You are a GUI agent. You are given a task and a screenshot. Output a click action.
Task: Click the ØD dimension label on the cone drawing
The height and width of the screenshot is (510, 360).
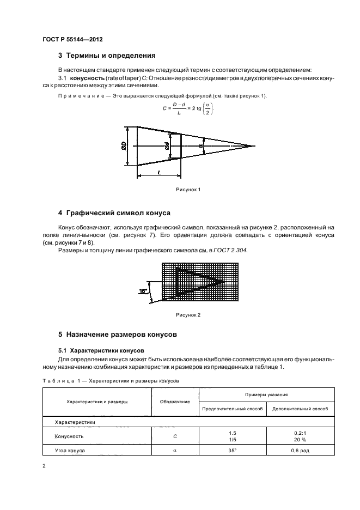click(x=124, y=146)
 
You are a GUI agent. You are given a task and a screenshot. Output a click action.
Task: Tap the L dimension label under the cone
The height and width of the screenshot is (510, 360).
click(x=158, y=172)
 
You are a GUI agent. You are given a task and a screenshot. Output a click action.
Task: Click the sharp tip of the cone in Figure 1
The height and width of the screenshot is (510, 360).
click(x=254, y=146)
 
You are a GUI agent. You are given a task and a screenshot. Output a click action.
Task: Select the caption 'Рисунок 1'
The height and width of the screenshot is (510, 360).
click(x=188, y=189)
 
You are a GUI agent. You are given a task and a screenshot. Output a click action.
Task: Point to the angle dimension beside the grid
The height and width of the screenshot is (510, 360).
click(x=143, y=292)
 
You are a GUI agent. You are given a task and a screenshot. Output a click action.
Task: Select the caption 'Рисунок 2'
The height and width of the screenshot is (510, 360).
click(x=188, y=315)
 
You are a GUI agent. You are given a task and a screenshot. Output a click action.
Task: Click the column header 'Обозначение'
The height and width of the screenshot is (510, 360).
click(x=175, y=401)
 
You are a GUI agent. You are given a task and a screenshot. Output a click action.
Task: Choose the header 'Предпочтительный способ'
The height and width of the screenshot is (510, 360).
click(x=233, y=408)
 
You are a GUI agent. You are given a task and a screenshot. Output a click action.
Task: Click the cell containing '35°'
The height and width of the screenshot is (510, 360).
click(x=233, y=450)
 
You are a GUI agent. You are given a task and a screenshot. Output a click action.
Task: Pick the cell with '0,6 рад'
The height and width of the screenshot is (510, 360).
click(x=300, y=450)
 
